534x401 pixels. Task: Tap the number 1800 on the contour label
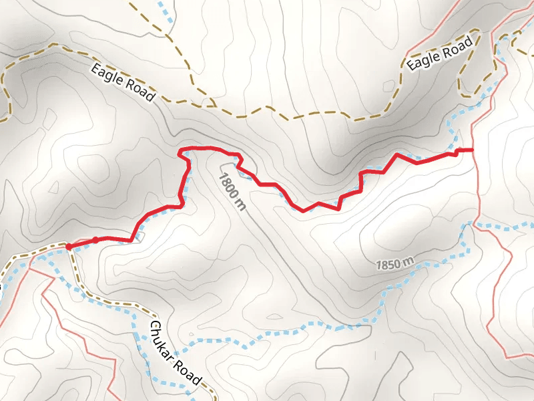[228, 182]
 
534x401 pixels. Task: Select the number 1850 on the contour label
[388, 265]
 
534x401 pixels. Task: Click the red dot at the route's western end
[69, 247]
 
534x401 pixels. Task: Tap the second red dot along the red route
[95, 240]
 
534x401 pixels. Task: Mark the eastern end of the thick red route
[472, 150]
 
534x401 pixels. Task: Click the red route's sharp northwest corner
[179, 152]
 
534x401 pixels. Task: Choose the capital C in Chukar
[154, 328]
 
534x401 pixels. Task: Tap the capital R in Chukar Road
[180, 364]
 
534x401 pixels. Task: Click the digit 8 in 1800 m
[225, 176]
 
